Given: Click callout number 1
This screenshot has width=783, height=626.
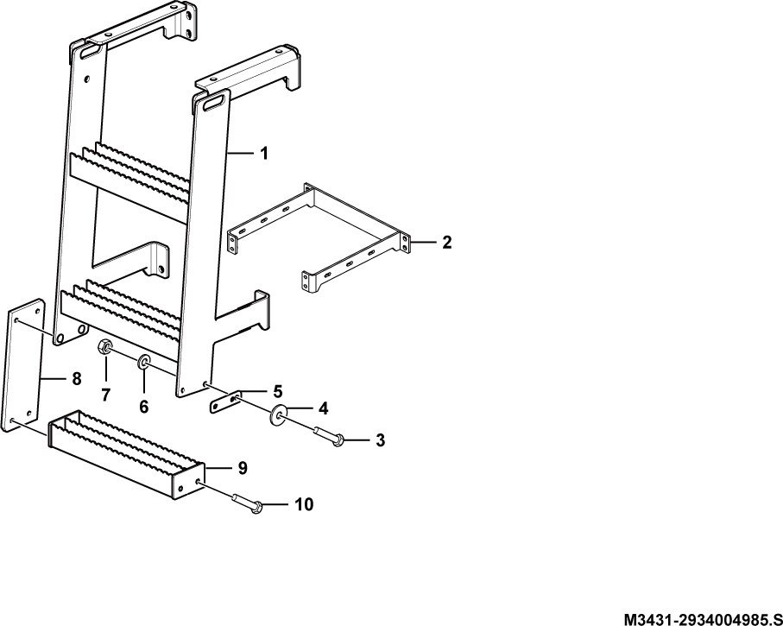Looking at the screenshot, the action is pos(264,153).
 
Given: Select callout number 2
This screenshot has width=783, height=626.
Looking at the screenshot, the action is pos(447,243).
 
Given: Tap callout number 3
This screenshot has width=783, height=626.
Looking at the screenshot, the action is pos(381,440).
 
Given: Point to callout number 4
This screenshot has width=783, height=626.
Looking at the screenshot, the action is pos(324,408).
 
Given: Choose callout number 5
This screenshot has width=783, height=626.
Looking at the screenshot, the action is pos(278,391).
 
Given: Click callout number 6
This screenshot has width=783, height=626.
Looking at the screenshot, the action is pos(144,407).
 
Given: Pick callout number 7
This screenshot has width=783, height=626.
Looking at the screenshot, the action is pos(105,395).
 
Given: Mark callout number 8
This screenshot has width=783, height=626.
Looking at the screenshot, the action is pos(77,379).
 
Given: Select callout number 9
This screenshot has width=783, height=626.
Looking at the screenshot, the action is pos(243,468).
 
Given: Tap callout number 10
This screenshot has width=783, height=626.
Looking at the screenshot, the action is pos(304,504).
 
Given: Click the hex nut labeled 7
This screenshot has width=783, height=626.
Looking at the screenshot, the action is pos(105,346).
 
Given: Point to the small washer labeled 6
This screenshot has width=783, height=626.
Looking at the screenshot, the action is pos(145,361).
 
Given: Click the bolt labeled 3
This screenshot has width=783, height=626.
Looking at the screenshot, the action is pos(329,434).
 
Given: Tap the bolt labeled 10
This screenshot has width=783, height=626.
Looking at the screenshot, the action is pos(247,503).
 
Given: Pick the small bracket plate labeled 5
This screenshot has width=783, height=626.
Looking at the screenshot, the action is pos(224,402).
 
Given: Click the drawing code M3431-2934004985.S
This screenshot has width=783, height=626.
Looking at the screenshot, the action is pos(702,618).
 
